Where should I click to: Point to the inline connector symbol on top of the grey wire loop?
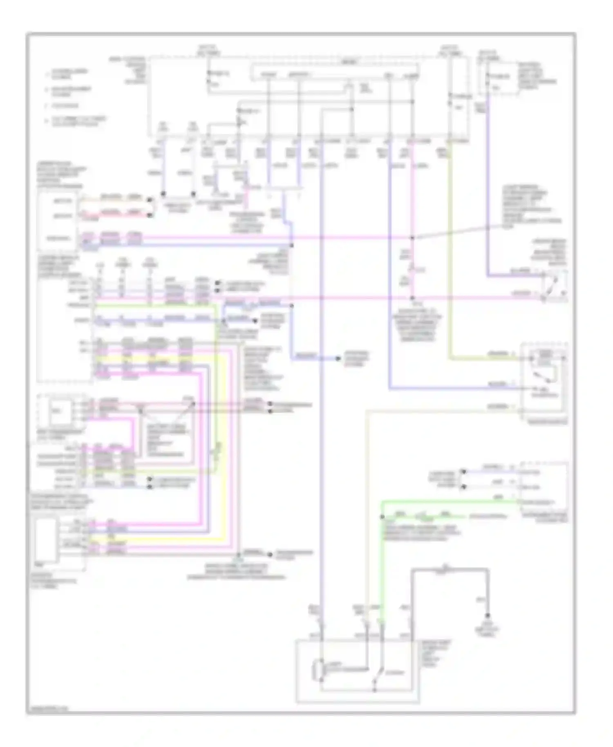click(x=446, y=568)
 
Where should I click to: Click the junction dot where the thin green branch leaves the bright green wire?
click(x=383, y=517)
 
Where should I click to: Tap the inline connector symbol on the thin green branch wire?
click(x=421, y=517)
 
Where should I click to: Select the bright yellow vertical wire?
click(x=225, y=450)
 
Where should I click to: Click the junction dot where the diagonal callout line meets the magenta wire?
click(x=412, y=237)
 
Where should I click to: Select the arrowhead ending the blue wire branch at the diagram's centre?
click(x=338, y=358)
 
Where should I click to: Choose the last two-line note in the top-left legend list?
click(x=78, y=121)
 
